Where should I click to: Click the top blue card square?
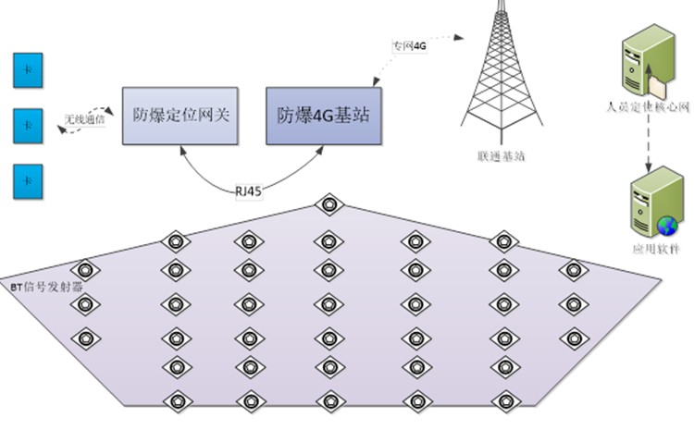coord(28,70)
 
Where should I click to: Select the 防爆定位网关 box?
coord(180,116)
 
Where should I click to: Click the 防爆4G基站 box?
coord(321,116)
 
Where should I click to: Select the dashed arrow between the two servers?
coord(647,143)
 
